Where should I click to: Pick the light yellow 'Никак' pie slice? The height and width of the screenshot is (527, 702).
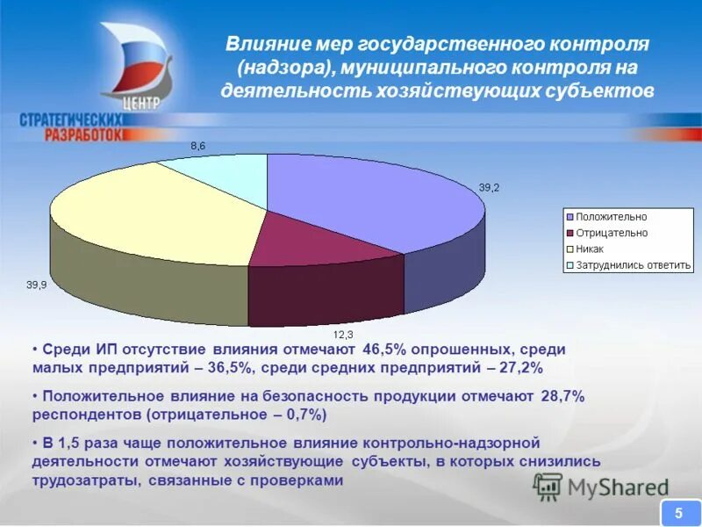149,215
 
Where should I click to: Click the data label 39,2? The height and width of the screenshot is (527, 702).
489,187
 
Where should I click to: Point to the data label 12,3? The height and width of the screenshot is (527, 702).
342,335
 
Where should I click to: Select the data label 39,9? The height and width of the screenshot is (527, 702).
37,285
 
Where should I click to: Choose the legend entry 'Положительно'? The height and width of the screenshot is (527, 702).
611,217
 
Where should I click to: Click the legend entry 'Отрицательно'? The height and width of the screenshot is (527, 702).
611,233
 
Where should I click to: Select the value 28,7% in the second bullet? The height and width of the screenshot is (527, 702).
562,397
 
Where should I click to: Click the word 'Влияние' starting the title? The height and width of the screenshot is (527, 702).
261,44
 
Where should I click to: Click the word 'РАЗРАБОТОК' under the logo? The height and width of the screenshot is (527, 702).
70,134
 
